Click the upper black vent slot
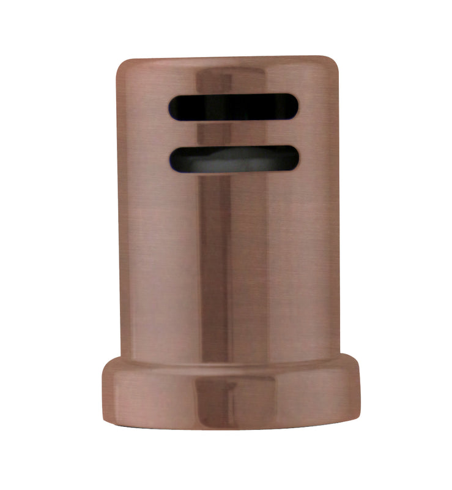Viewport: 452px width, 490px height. [234, 107]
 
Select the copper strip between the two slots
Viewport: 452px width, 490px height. [234, 133]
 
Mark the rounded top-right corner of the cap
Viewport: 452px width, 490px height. [333, 64]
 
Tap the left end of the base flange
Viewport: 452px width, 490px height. [104, 392]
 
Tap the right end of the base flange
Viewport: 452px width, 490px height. [358, 392]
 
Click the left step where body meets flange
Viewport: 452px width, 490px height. [116, 360]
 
